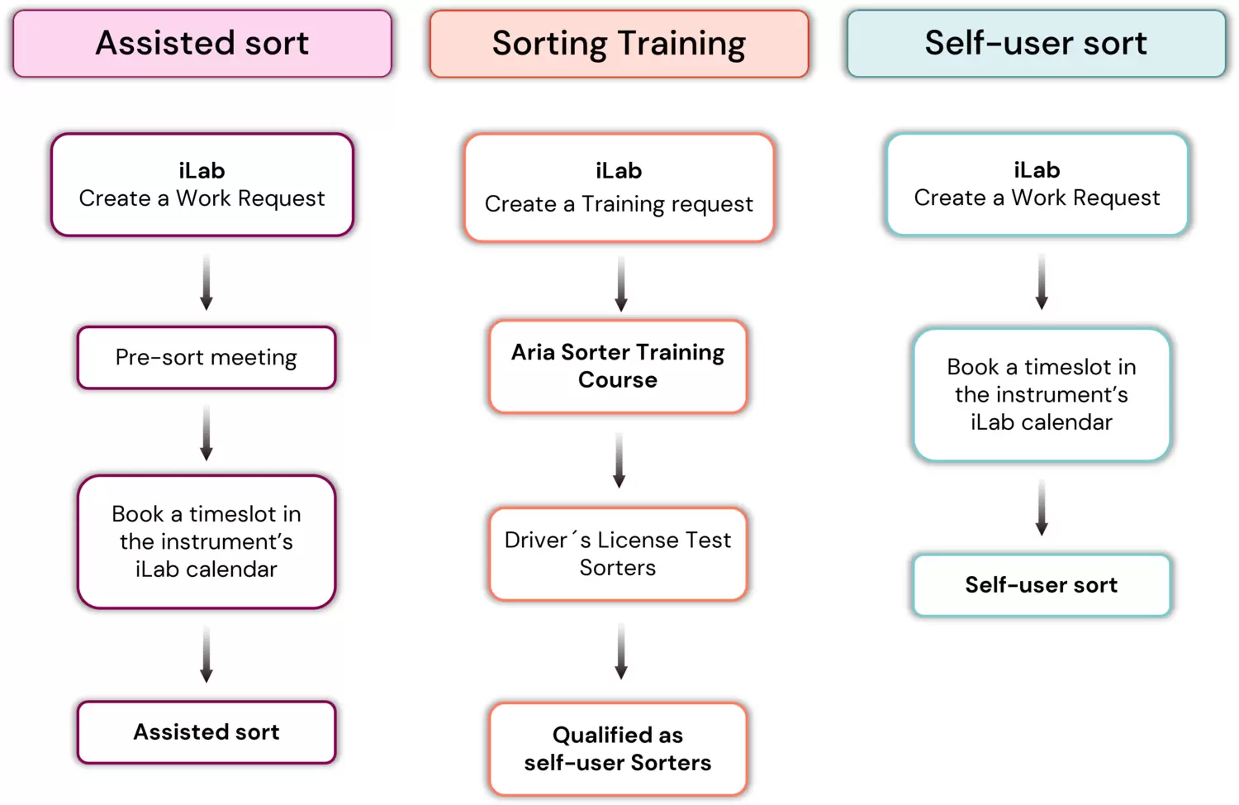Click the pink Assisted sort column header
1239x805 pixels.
point(202,44)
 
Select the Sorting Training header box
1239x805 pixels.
point(619,44)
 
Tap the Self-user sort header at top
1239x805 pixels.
point(1036,44)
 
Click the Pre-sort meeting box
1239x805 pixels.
point(206,358)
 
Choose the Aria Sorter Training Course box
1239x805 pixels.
point(618,366)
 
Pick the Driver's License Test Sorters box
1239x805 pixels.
point(618,554)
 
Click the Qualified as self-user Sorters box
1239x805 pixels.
point(618,749)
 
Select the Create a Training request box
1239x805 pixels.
point(619,188)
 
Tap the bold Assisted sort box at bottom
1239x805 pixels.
point(206,732)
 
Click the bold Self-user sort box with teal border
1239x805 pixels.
point(1042,585)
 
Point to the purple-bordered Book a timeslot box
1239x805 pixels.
point(206,541)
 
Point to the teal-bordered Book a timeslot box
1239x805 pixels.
point(1042,394)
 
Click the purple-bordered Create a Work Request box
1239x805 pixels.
point(202,185)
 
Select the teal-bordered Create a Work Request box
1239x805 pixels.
point(1037,184)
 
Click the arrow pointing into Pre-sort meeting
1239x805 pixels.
point(206,282)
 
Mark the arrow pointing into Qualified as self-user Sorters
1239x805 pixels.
point(621,651)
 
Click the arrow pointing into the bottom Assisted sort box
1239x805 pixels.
point(206,654)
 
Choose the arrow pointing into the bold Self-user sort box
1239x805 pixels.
point(1042,507)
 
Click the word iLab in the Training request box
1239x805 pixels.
point(619,171)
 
